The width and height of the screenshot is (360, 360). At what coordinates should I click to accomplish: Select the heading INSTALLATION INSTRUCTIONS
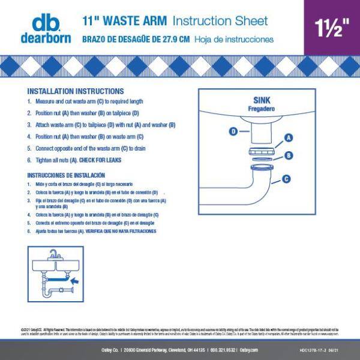coord(76,92)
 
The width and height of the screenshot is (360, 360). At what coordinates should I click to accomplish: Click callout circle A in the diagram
coord(288,137)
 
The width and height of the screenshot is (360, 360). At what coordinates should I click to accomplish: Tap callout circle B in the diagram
coord(288,155)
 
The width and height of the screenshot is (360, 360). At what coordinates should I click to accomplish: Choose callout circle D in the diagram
coord(233,131)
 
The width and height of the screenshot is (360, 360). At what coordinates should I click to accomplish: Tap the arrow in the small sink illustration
coord(74,280)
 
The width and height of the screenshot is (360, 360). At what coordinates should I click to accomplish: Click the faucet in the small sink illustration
coord(53,254)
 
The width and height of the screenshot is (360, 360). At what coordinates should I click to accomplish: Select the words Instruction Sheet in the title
coord(220,21)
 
